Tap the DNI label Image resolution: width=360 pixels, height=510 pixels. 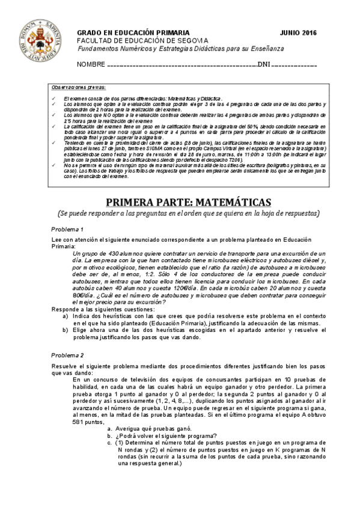pos(264,64)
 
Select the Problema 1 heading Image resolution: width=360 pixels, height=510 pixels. pos(67,230)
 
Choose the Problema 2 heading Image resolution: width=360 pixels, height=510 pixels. pos(67,355)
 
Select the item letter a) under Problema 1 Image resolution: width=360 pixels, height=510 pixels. pos(66,316)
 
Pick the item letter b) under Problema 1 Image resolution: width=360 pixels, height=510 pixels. pos(66,330)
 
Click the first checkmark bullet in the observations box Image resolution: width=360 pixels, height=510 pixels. pos(53,97)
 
